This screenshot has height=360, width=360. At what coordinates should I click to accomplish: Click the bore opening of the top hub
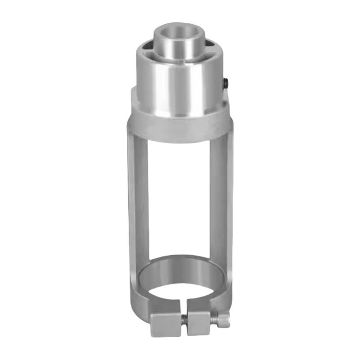click(x=179, y=33)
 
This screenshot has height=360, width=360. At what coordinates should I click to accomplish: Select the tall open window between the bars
click(x=180, y=198)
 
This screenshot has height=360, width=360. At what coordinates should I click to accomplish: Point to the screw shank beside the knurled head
click(x=215, y=319)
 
